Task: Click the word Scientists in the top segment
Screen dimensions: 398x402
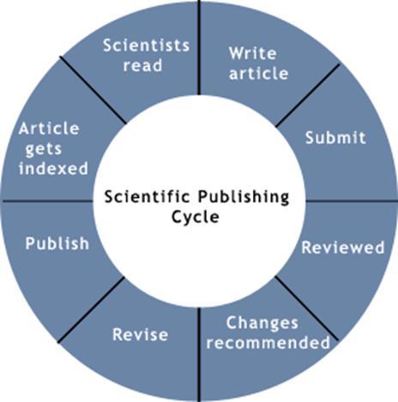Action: click(146, 45)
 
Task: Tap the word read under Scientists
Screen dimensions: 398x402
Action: click(142, 65)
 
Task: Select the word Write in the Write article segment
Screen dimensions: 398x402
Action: click(253, 53)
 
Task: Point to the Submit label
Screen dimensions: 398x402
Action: click(335, 137)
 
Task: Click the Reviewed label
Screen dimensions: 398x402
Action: click(343, 248)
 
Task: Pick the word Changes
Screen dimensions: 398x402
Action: click(262, 324)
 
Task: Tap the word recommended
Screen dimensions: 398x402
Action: click(268, 342)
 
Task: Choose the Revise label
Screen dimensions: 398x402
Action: click(140, 334)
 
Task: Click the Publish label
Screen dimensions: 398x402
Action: click(57, 243)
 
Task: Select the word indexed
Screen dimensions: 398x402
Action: click(53, 168)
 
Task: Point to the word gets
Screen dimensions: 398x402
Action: click(44, 149)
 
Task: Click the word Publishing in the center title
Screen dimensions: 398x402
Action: click(244, 198)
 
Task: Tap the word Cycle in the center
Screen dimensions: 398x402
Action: click(196, 217)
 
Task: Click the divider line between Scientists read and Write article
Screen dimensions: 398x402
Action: click(199, 47)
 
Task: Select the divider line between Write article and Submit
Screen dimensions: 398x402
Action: click(308, 95)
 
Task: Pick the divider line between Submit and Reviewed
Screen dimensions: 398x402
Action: click(352, 201)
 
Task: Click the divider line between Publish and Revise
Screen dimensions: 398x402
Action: click(91, 309)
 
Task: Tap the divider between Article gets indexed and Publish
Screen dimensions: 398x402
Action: click(47, 201)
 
